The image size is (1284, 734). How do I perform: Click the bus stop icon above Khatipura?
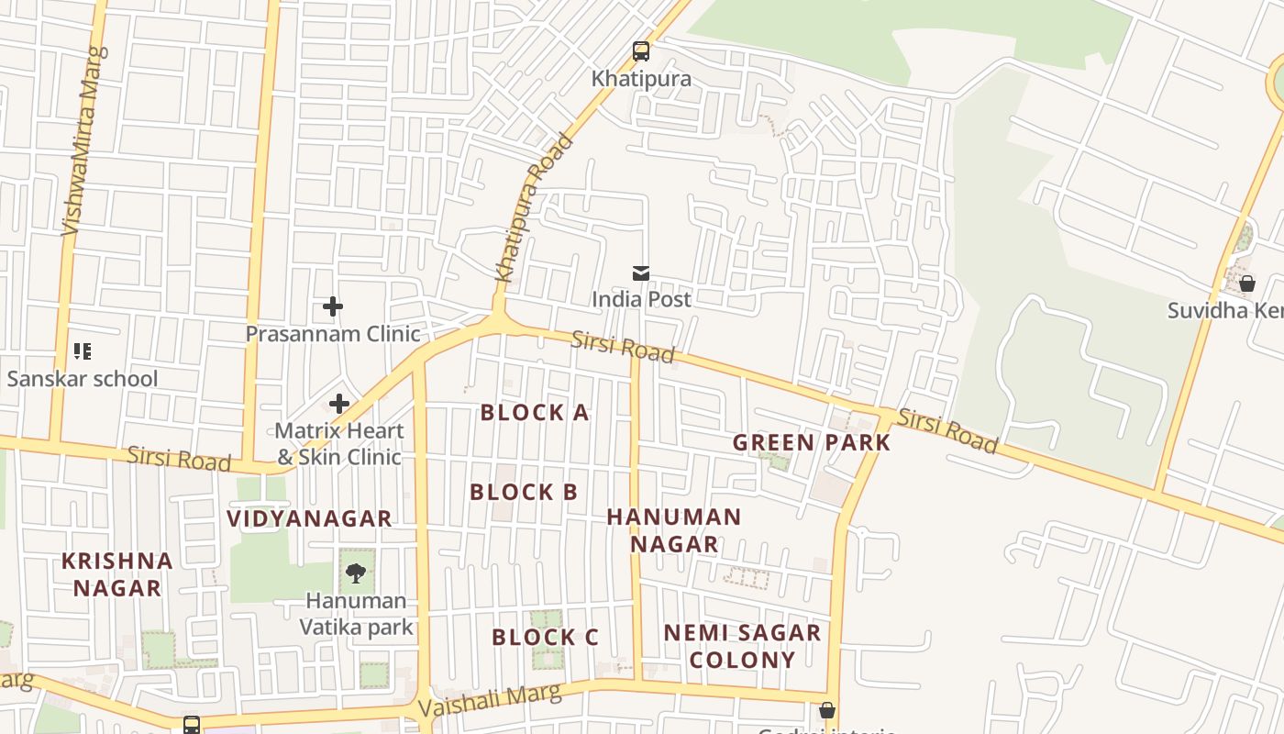pos(641,51)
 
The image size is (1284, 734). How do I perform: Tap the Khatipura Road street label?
pos(534,208)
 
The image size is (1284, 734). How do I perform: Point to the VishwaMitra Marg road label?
pos(83,140)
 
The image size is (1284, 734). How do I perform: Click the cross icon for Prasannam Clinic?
pos(333,306)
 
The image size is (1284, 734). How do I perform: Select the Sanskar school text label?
pos(83,378)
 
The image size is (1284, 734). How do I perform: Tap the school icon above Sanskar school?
pos(83,351)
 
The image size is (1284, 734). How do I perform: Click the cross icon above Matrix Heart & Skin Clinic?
pos(339,403)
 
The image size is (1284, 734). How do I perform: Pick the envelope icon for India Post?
pos(641,272)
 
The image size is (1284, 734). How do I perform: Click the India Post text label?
pos(641,299)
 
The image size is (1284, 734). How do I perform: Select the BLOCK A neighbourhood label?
pos(535,413)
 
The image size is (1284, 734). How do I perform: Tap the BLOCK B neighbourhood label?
pos(524,492)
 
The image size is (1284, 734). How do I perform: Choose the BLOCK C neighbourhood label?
pos(545,637)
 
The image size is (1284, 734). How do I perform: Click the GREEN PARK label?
pos(812,442)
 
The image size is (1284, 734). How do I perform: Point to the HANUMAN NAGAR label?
pos(674,530)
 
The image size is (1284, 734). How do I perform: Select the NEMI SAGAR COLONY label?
pos(742,646)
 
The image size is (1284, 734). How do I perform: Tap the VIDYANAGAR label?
pos(309,518)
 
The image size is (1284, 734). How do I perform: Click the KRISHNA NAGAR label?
pos(117,574)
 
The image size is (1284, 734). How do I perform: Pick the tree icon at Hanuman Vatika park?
pos(356,574)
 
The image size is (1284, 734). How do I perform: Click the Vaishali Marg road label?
pos(489,701)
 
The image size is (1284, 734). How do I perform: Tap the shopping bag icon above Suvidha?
pos(1247,284)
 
